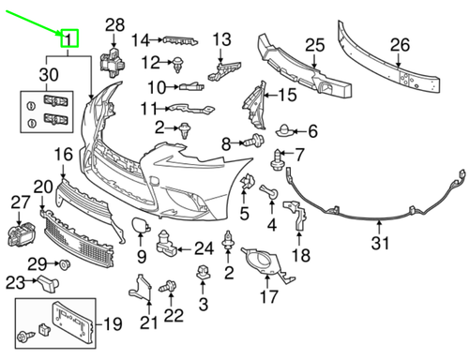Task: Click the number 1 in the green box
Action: point(68,39)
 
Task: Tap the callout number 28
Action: point(114,25)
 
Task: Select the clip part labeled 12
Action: point(177,65)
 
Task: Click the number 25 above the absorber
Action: point(315,45)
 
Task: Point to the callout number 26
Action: point(400,45)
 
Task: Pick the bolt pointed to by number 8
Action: point(254,141)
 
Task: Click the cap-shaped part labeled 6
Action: point(284,130)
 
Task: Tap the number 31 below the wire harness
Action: point(380,243)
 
